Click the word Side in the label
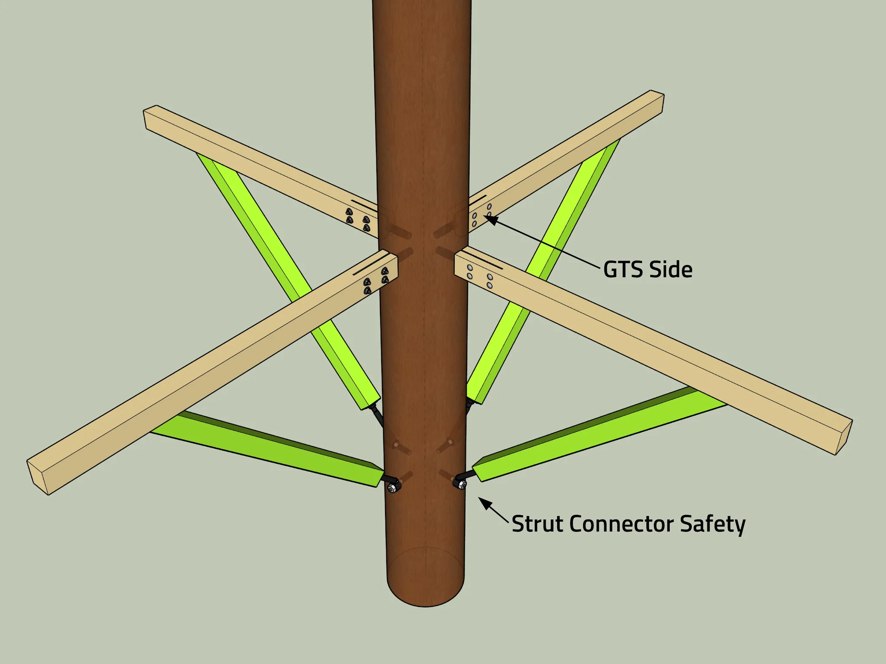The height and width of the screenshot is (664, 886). [671, 269]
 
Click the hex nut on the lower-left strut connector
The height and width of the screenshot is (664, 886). [393, 488]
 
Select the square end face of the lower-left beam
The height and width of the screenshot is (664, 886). [38, 476]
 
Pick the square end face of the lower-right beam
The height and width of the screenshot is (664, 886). [844, 437]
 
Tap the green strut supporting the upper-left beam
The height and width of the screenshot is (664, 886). [288, 281]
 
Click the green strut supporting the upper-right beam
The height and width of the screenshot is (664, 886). [543, 272]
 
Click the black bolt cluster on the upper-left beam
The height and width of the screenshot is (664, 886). [358, 220]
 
